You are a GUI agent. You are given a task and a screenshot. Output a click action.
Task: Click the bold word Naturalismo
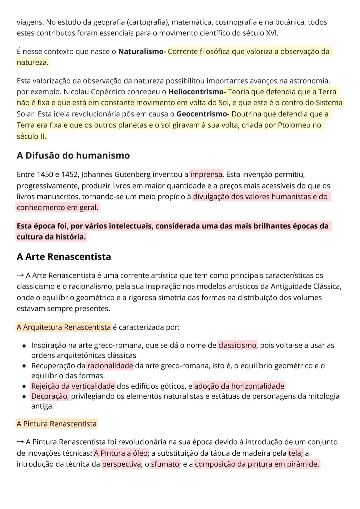[141, 52]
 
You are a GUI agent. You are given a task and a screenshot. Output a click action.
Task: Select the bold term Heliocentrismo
[196, 92]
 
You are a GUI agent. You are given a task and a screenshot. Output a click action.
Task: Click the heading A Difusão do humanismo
[73, 156]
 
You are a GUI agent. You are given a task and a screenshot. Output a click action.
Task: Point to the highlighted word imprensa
[206, 174]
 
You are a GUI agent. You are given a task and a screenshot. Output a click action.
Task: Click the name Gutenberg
[133, 174]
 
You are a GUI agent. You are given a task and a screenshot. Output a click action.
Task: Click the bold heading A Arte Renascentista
[64, 257]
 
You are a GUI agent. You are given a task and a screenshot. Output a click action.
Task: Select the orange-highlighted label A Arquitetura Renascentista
[64, 327]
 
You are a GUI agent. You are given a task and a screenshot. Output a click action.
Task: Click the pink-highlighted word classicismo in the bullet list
[237, 345]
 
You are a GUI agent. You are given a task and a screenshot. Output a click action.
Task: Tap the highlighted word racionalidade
[110, 366]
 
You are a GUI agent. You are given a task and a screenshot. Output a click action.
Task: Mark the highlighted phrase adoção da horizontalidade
[239, 386]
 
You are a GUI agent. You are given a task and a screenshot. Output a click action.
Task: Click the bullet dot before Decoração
[24, 397]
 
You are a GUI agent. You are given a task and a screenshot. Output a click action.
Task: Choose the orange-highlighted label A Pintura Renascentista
[57, 424]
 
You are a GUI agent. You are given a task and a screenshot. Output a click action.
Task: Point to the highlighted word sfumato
[165, 464]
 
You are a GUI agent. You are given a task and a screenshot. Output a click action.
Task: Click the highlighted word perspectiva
[122, 464]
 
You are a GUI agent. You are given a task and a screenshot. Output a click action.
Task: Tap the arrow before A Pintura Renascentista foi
[20, 442]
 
